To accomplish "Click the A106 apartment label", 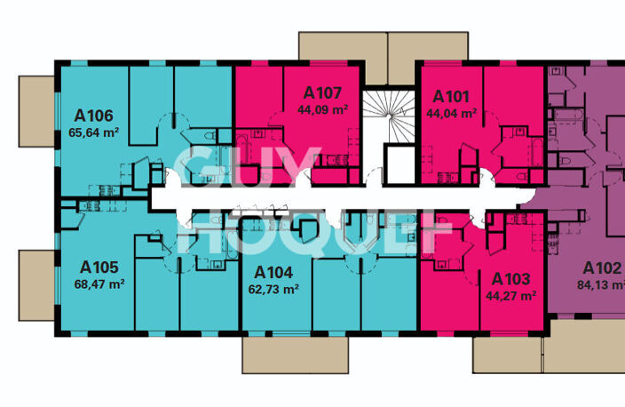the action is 94,116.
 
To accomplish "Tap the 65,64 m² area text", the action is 94,132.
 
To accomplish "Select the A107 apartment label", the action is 322,93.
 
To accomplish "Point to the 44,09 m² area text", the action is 323,109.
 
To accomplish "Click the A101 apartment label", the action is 451,97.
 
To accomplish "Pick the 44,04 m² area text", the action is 452,114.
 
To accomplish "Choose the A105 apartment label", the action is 99,267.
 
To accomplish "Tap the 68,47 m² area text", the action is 99,284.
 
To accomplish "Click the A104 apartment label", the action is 273,273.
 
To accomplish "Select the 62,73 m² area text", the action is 273,289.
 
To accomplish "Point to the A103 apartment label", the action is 511,279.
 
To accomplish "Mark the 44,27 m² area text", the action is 511,296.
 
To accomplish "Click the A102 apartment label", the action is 602,268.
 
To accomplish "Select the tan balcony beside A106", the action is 36,112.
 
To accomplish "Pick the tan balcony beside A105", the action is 36,285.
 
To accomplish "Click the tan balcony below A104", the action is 296,355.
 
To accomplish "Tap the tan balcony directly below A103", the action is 508,355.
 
